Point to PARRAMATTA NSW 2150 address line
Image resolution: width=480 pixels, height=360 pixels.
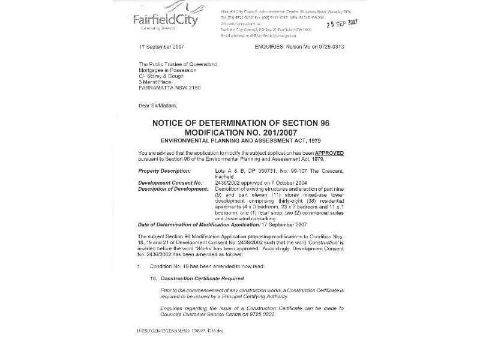175,87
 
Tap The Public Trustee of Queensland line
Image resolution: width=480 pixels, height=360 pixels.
178,64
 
